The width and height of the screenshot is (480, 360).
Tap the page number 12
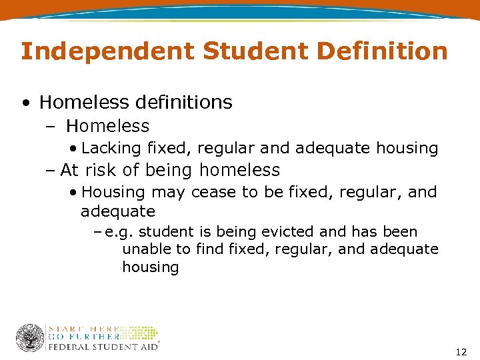click(x=461, y=351)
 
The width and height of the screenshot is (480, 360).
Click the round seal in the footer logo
click(x=30, y=338)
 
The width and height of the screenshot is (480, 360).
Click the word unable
click(x=144, y=249)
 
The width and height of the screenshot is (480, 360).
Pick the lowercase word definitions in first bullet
click(x=183, y=102)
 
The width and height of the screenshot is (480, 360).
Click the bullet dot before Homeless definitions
click(x=25, y=103)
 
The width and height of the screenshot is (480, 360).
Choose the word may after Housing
click(x=167, y=193)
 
